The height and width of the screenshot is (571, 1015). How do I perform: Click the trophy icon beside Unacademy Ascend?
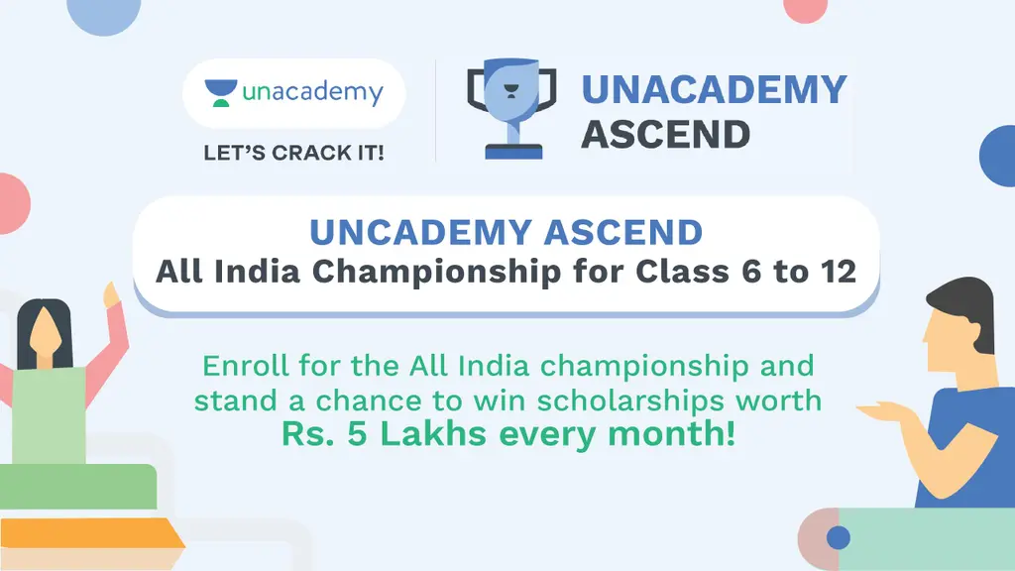[x=511, y=109]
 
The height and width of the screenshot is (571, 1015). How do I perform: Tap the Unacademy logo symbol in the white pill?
[x=221, y=93]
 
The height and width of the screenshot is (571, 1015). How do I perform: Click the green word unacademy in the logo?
[x=312, y=92]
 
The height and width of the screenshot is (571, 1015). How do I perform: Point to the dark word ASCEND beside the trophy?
[x=665, y=135]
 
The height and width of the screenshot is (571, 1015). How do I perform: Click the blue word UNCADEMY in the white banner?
[x=421, y=232]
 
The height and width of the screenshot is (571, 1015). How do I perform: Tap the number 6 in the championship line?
[x=751, y=272]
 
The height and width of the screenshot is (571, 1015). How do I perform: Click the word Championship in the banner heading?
[x=437, y=272]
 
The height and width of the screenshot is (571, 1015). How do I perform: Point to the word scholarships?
[x=630, y=400]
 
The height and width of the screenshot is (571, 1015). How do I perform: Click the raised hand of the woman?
[x=111, y=294]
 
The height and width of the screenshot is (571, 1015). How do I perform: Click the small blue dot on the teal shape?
[x=839, y=537]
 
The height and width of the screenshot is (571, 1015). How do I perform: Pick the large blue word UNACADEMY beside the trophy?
[x=714, y=89]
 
